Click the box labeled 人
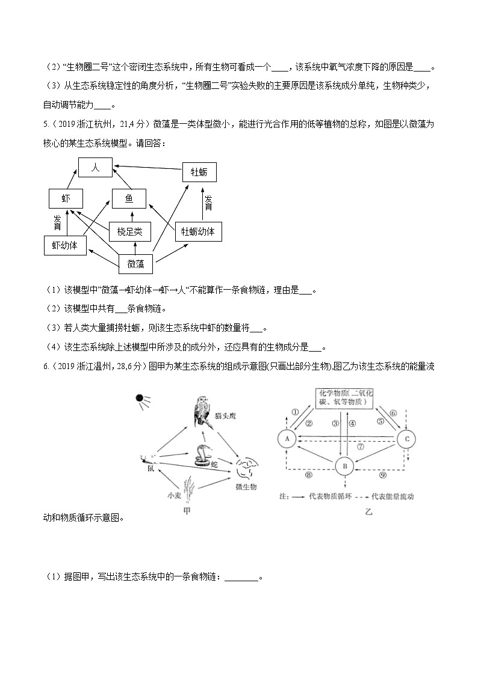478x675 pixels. (95, 168)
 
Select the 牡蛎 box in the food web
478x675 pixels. (199, 173)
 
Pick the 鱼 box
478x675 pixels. (129, 199)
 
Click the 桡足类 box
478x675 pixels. (129, 231)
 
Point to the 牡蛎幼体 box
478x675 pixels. (198, 231)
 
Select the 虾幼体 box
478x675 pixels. (65, 245)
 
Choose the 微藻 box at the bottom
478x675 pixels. (136, 263)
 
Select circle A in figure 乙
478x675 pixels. (288, 439)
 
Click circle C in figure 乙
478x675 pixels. (407, 439)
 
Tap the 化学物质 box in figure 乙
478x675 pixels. (346, 397)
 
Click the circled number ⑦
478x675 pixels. (361, 447)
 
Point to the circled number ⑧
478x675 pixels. (308, 474)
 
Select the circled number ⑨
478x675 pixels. (383, 474)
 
